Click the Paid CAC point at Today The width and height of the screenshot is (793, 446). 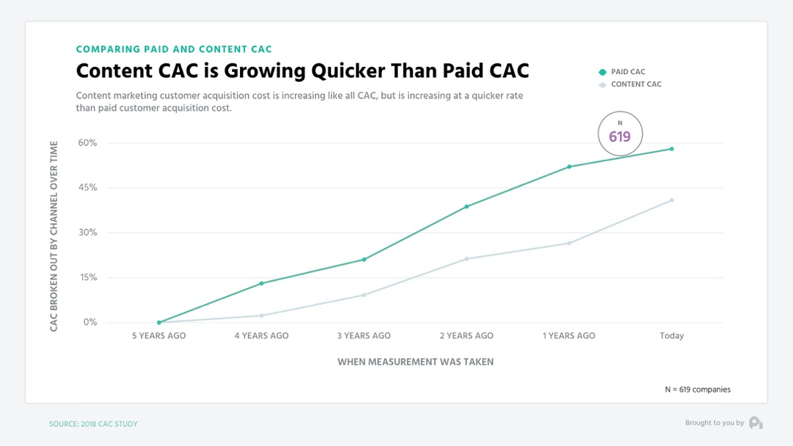671,149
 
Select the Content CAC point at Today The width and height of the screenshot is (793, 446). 671,200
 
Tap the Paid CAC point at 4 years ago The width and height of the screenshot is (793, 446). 262,283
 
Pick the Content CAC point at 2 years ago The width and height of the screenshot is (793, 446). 467,258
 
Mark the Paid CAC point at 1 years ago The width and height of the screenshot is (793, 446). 569,167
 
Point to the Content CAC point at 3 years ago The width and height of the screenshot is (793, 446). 364,295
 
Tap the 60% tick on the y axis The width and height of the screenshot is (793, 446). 88,143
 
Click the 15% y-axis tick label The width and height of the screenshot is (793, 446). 88,278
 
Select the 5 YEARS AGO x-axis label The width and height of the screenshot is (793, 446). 159,336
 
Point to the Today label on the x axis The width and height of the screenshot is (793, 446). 671,336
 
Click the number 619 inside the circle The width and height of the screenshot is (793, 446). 620,137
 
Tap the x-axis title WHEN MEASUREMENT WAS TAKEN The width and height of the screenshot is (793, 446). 415,362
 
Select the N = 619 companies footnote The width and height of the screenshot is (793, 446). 697,390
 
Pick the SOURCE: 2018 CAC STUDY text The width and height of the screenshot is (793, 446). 93,424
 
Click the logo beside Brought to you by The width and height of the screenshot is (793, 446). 756,423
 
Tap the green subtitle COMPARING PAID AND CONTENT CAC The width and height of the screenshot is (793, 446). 174,49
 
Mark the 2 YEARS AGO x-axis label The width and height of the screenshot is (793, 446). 467,336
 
